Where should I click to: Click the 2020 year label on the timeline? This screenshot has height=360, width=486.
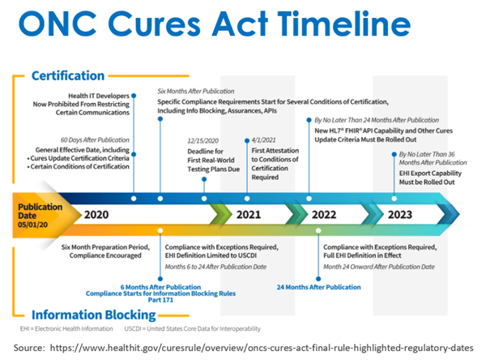click(96, 214)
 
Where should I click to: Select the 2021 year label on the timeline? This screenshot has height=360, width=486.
click(249, 214)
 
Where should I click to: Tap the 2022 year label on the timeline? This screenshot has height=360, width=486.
click(324, 214)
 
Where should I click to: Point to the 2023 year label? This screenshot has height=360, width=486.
click(400, 214)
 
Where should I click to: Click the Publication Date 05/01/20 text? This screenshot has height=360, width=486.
click(40, 216)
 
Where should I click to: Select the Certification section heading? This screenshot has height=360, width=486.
click(68, 75)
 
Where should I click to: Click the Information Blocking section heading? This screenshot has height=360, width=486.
click(94, 315)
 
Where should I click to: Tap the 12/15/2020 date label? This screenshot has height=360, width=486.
click(203, 140)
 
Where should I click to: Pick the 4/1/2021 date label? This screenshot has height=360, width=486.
click(263, 140)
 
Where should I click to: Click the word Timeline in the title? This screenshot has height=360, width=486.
click(344, 24)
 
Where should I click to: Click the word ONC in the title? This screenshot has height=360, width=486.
click(58, 24)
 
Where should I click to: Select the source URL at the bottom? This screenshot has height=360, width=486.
click(262, 348)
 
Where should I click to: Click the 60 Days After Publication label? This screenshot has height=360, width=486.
click(95, 140)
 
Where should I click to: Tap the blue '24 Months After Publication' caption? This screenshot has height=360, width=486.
click(318, 287)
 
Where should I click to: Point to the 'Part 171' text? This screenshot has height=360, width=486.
click(160, 300)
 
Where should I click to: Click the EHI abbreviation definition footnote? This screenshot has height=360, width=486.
click(66, 328)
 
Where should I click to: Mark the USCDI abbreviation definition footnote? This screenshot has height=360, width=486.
click(193, 328)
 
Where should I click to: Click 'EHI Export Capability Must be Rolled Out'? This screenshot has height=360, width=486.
click(430, 178)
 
